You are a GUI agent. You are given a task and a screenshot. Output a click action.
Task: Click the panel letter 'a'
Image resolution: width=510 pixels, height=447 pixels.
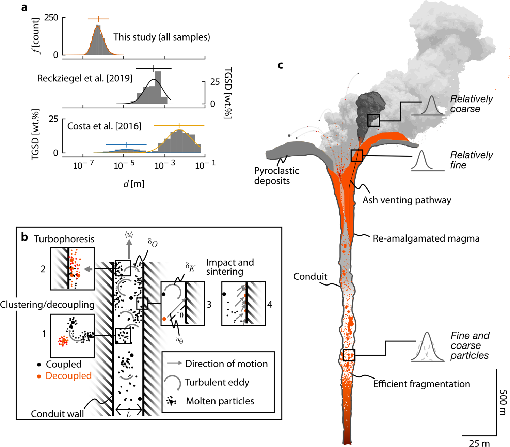pyautogui.click(x=24, y=7)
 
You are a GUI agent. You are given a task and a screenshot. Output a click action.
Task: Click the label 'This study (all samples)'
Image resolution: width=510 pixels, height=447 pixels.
pyautogui.click(x=161, y=37)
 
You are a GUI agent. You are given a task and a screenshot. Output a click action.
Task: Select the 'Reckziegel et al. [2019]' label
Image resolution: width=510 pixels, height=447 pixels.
pyautogui.click(x=84, y=78)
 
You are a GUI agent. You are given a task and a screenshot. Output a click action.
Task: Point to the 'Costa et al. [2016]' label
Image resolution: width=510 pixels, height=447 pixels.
pyautogui.click(x=104, y=126)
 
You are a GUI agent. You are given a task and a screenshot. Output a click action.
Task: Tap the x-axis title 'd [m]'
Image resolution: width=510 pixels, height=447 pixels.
pyautogui.click(x=133, y=184)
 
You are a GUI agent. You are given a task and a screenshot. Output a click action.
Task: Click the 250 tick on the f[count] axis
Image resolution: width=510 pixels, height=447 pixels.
pyautogui.click(x=51, y=18)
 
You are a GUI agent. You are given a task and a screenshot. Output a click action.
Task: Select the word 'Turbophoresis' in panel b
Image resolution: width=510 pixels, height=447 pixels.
pyautogui.click(x=64, y=239)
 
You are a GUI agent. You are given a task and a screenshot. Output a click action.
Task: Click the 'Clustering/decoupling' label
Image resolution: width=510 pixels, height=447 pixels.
pyautogui.click(x=47, y=304)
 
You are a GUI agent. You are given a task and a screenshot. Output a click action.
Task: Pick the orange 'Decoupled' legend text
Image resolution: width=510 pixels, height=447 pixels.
pyautogui.click(x=68, y=376)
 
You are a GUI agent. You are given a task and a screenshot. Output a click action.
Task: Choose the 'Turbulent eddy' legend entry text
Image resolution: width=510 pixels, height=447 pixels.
pyautogui.click(x=217, y=382)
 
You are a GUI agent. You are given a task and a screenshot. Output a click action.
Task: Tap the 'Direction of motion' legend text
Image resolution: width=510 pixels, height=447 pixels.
pyautogui.click(x=226, y=364)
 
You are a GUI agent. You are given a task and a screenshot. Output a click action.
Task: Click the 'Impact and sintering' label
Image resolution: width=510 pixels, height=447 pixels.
pyautogui.click(x=230, y=267)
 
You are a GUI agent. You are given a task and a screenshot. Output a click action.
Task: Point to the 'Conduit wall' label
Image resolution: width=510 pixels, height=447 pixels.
pyautogui.click(x=57, y=414)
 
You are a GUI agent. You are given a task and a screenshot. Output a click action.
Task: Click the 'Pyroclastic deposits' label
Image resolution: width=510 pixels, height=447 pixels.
pyautogui.click(x=276, y=175)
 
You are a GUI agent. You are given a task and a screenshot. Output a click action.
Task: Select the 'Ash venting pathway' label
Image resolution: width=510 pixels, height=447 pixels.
pyautogui.click(x=407, y=200)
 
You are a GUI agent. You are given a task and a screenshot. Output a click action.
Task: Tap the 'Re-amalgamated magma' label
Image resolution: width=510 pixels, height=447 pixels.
pyautogui.click(x=426, y=238)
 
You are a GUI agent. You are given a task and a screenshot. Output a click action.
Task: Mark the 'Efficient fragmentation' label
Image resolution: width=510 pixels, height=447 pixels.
pyautogui.click(x=421, y=384)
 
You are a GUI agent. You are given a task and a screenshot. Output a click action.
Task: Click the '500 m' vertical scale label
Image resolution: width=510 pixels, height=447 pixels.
pyautogui.click(x=503, y=402)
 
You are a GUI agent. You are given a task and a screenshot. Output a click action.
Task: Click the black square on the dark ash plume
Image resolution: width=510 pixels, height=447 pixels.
pyautogui.click(x=373, y=120)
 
